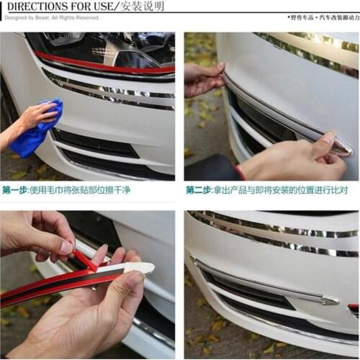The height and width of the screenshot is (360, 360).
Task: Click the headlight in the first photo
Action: (108, 47)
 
